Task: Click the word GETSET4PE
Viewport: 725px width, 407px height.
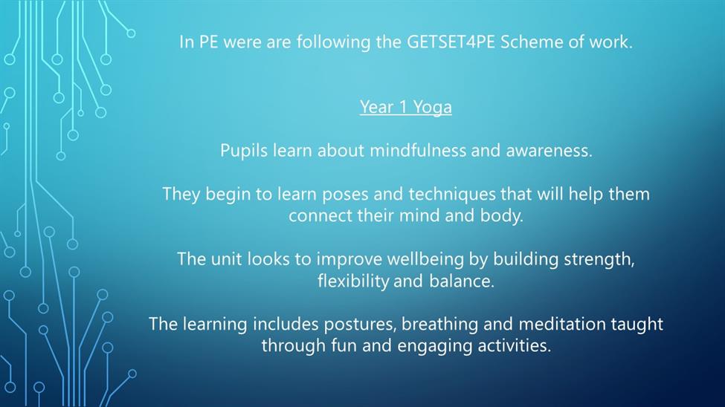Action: point(451,42)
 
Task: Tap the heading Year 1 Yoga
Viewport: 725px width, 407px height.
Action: point(405,107)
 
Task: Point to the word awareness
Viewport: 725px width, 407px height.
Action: point(549,151)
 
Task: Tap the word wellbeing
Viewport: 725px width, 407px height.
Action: point(425,259)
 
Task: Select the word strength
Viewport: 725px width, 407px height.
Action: point(599,259)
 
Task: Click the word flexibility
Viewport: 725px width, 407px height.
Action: point(353,281)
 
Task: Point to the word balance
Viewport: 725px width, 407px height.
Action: point(462,281)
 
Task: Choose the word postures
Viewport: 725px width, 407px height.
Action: point(360,325)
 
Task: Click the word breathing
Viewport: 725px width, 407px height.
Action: point(439,325)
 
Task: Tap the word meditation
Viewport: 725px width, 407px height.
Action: point(562,325)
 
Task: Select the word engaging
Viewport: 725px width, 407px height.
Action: point(435,346)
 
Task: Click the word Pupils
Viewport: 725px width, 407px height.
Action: point(244,151)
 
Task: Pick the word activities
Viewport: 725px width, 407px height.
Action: point(514,346)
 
